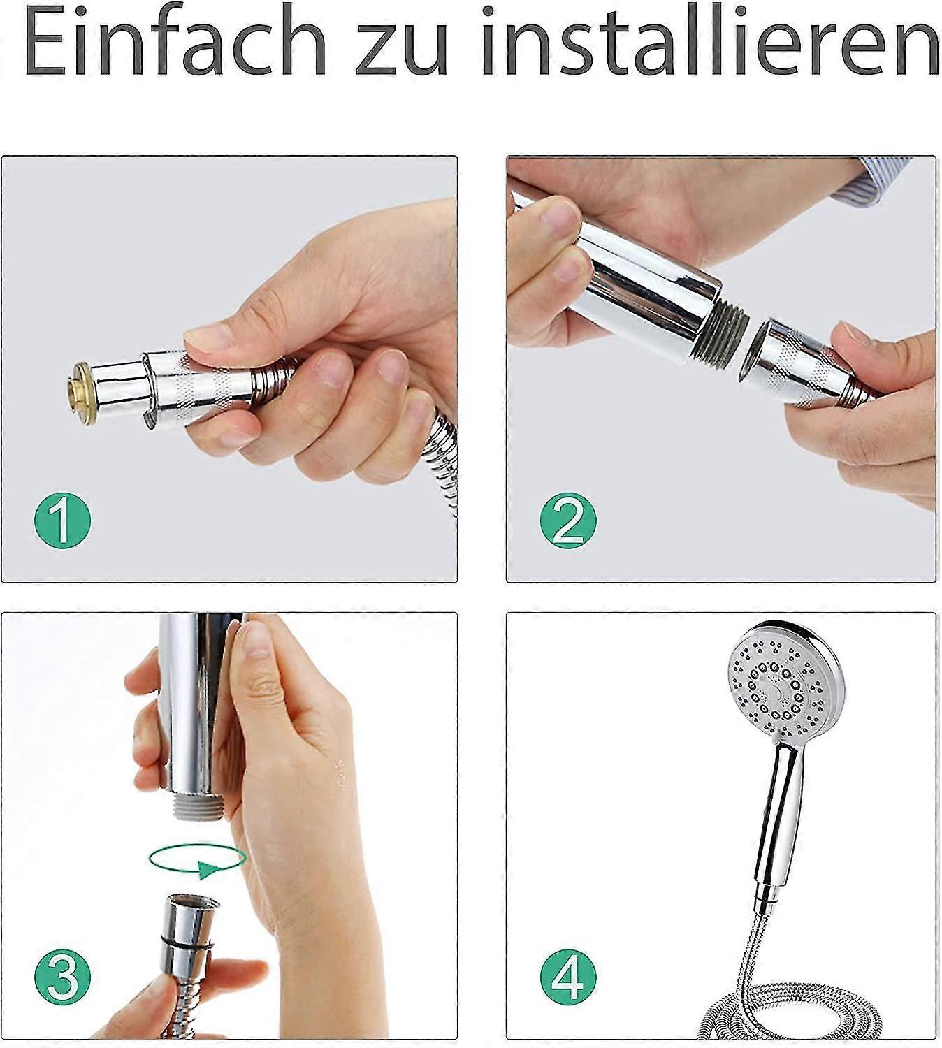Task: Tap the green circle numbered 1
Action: (63, 520)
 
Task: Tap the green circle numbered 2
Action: (568, 520)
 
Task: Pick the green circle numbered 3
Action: (63, 975)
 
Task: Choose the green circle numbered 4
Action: (568, 975)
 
